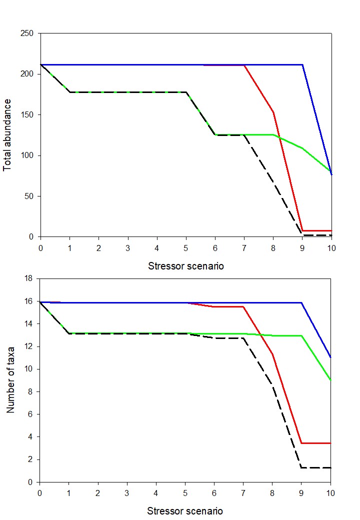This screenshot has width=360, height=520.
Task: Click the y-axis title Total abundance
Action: (x=8, y=135)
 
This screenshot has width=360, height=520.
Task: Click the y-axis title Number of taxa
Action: (x=9, y=380)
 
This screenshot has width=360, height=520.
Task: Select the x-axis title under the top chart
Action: (x=186, y=266)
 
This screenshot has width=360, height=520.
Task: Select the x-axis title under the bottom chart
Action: (x=185, y=511)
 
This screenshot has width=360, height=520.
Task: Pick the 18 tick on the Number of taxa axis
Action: (x=29, y=278)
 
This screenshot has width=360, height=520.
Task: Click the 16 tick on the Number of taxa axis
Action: (x=29, y=301)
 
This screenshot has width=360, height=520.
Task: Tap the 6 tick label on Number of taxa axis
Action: (x=31, y=414)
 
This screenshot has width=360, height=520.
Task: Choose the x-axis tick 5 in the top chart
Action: (x=186, y=248)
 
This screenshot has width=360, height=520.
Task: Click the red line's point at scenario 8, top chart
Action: (x=273, y=112)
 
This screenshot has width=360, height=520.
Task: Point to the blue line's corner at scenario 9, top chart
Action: (x=302, y=64)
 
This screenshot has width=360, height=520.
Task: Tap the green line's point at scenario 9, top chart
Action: (x=302, y=148)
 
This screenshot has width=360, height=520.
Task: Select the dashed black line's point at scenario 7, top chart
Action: (x=244, y=135)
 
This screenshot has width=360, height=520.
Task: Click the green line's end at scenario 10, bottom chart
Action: (x=330, y=380)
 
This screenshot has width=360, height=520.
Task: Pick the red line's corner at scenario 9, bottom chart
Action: (x=301, y=443)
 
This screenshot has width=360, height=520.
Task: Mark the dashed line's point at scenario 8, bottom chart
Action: (x=272, y=386)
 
